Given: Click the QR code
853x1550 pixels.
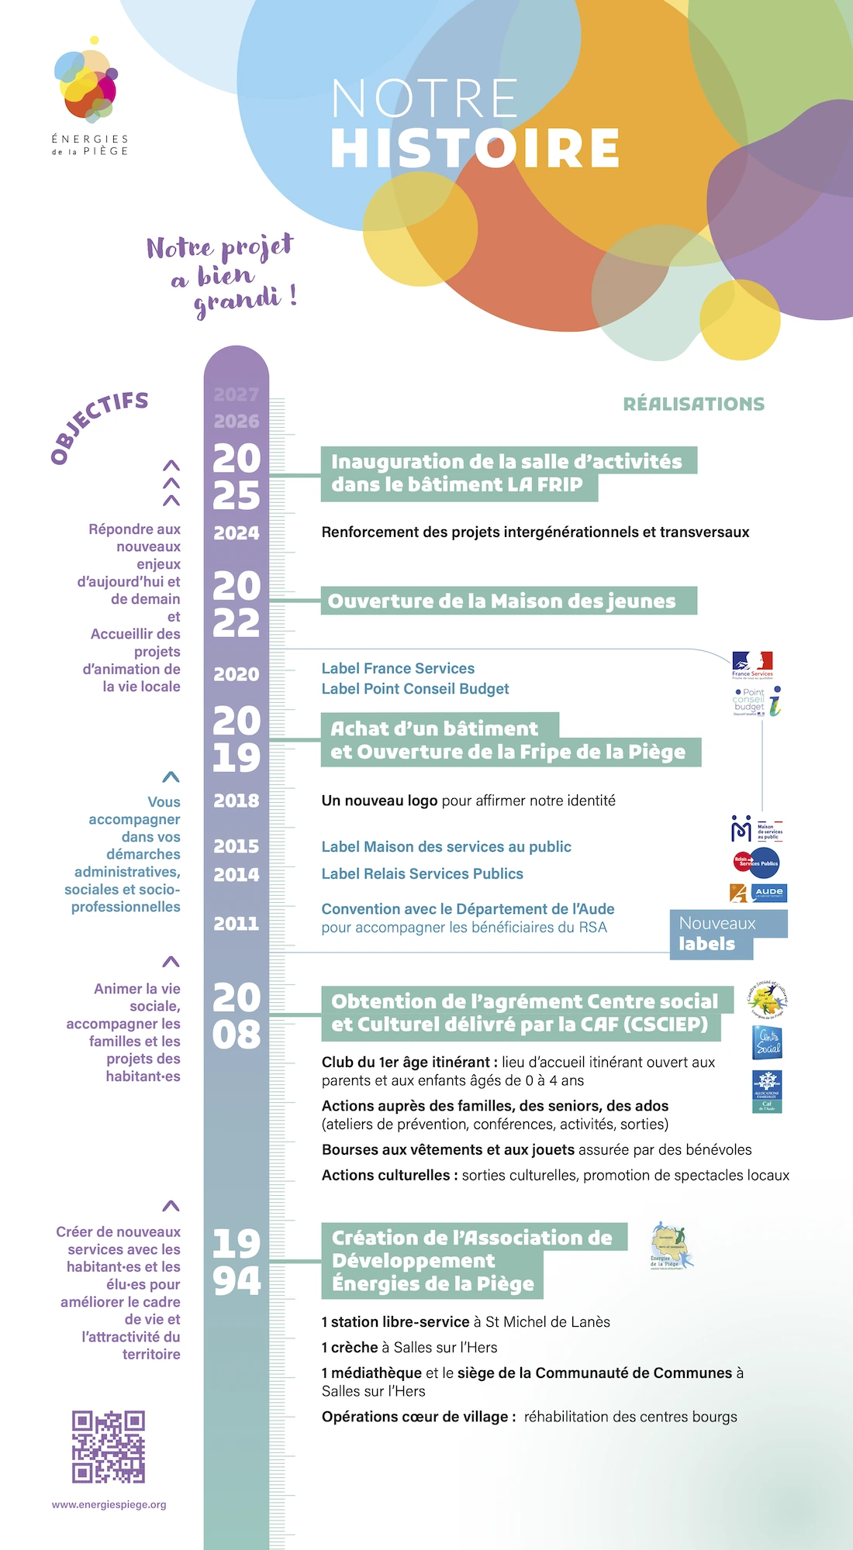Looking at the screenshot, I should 109,1446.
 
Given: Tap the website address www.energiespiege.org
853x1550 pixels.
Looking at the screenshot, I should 109,1504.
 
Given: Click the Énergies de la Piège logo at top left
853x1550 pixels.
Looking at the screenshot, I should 89,97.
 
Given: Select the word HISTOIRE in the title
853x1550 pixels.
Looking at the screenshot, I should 475,148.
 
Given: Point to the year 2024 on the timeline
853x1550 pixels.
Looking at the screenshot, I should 237,533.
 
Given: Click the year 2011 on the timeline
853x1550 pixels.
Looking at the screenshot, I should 237,924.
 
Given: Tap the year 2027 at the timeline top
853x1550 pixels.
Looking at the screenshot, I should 237,394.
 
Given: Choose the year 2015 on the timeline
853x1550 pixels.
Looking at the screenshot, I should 237,846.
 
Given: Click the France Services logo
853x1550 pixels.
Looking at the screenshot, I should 752,664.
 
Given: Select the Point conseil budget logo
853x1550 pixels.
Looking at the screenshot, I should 757,701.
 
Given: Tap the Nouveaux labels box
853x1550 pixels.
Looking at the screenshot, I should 717,933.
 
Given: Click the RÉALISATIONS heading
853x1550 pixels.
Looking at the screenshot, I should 694,404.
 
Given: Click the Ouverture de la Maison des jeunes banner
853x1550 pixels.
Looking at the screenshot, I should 509,601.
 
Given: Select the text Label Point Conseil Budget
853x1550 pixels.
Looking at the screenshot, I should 415,689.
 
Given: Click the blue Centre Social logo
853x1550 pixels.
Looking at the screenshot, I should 767,1042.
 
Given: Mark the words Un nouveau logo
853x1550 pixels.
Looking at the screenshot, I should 379,801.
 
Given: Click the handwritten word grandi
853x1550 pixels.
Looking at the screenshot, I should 237,301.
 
